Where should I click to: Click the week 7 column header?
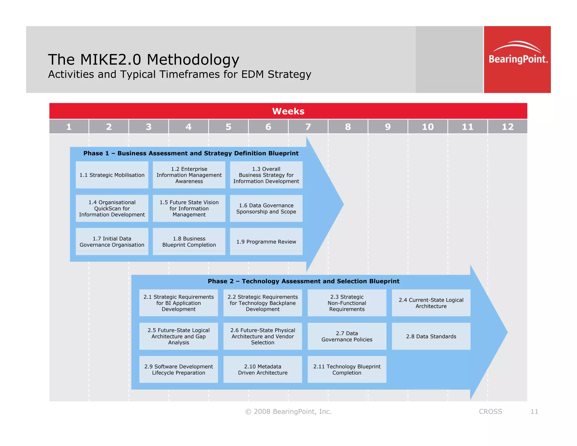(x=308, y=127)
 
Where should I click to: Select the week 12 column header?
(x=507, y=127)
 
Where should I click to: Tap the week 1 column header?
(x=69, y=127)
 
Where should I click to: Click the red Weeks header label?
(x=288, y=111)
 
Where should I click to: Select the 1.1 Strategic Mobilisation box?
(x=112, y=175)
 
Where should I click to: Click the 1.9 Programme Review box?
(x=266, y=242)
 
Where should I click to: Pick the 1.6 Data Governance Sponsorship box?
(x=266, y=209)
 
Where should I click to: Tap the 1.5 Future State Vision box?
(x=189, y=209)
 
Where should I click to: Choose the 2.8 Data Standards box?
(x=431, y=336)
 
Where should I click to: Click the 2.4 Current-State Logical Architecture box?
(x=431, y=303)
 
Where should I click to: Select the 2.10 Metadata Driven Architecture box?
(x=263, y=370)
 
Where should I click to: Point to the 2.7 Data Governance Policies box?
(x=347, y=336)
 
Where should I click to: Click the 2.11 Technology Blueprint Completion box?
(x=347, y=370)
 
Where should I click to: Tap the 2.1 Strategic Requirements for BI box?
(x=178, y=303)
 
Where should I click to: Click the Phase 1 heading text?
(x=191, y=153)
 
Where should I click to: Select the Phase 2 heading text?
(x=303, y=281)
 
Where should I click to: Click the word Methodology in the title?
(x=193, y=60)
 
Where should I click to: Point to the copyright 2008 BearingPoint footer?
(x=288, y=412)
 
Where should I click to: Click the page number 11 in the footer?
(x=534, y=412)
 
